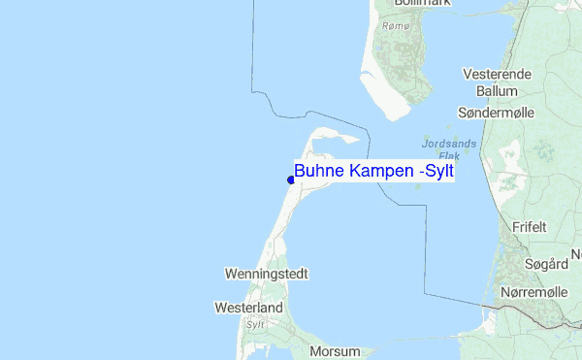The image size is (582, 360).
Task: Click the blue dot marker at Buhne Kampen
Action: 291,179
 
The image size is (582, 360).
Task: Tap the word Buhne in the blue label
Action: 317,172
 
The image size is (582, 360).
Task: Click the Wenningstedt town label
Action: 266,275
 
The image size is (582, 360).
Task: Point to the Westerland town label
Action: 248,309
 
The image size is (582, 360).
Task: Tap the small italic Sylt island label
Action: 255,325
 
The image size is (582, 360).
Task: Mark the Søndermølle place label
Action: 495,114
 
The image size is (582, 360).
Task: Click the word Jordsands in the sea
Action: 449,144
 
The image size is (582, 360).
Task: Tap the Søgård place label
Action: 544,263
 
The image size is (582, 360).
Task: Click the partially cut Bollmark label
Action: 407,4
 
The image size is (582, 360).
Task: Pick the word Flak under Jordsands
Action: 449,155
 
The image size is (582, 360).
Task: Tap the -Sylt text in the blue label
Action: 436,172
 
